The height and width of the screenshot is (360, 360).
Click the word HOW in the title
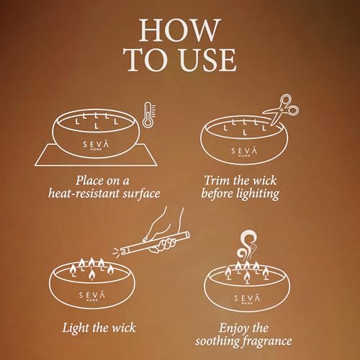pyautogui.click(x=180, y=30)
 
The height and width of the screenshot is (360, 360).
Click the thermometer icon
pyautogui.click(x=149, y=114)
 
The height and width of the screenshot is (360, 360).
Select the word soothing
pyautogui.click(x=218, y=341)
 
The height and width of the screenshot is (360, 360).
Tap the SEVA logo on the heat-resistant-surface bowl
pyautogui.click(x=96, y=145)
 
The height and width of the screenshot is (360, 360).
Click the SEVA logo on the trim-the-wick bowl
pyautogui.click(x=244, y=152)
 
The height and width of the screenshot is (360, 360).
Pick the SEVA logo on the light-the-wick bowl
pyautogui.click(x=92, y=296)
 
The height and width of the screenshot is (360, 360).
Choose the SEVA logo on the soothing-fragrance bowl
pyautogui.click(x=247, y=299)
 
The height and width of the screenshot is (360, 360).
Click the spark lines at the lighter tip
pyautogui.click(x=117, y=253)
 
